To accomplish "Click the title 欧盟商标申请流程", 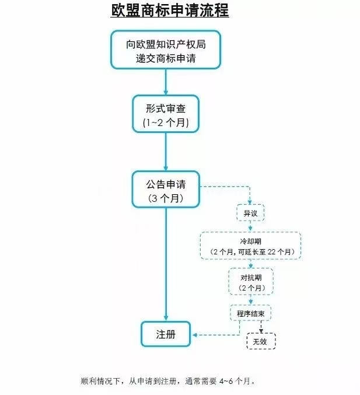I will tap(170, 11).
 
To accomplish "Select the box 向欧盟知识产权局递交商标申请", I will tap(166, 50).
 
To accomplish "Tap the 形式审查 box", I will tap(166, 114).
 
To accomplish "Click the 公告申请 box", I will tap(166, 189).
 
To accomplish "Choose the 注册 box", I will tap(166, 335).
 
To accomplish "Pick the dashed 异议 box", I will tap(250, 213).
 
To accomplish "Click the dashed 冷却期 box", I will tap(250, 246).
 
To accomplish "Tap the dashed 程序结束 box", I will tap(251, 314).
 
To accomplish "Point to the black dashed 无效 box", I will tap(260, 341).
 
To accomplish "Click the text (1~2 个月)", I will tap(166, 123).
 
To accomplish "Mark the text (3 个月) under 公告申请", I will tap(166, 198).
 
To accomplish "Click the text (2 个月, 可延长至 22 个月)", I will tap(250, 251).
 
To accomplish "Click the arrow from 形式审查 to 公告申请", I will tap(166, 152).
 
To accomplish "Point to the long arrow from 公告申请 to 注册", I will tap(166, 263).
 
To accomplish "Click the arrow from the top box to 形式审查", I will tap(166, 82).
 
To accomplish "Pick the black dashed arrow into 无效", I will tap(261, 328).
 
